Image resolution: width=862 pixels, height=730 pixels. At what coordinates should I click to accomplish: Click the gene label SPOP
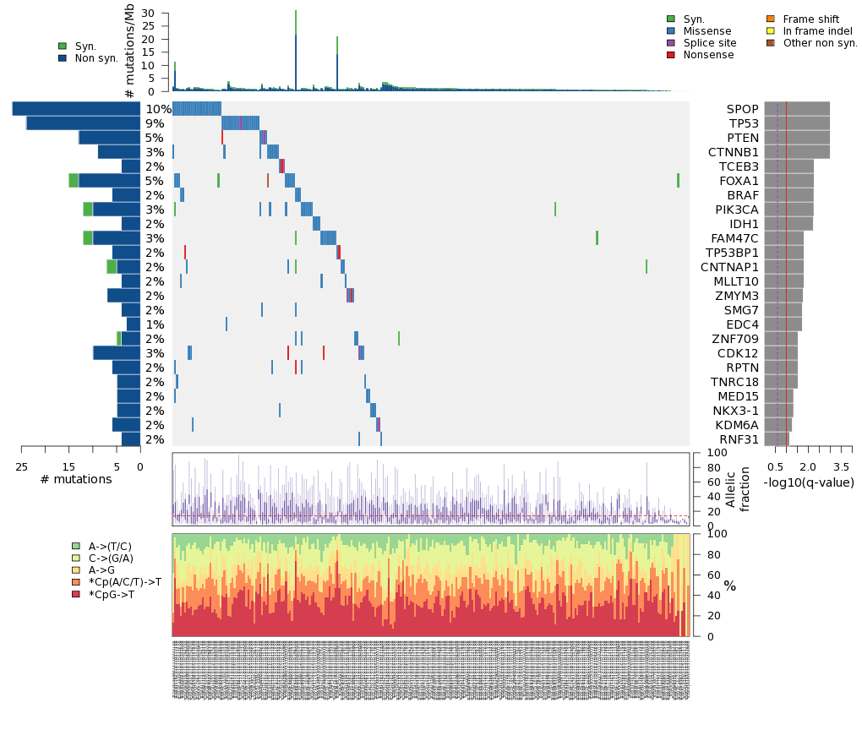[x=743, y=109]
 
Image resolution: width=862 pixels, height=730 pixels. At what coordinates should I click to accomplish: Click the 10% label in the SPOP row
[x=158, y=109]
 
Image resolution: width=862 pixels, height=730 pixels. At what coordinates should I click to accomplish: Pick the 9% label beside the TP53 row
[x=155, y=123]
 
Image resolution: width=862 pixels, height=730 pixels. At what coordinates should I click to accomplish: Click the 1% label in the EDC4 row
[x=155, y=324]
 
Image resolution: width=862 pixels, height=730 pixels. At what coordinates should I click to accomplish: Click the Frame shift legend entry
[x=810, y=19]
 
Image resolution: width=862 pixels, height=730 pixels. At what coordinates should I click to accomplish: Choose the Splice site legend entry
[x=709, y=43]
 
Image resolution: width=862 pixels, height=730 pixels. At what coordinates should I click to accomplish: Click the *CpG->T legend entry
[x=123, y=595]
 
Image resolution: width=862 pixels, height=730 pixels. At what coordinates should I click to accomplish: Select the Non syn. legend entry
[x=96, y=58]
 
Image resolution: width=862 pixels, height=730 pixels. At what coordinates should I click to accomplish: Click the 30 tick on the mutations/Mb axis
[x=149, y=14]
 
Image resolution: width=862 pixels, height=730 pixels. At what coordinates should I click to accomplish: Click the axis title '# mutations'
[x=76, y=480]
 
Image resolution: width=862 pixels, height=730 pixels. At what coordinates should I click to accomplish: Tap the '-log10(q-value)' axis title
[x=808, y=483]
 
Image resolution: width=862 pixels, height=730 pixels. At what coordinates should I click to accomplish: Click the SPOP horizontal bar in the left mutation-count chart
[x=76, y=109]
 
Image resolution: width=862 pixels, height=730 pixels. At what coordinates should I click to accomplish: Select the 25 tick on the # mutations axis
[x=22, y=466]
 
